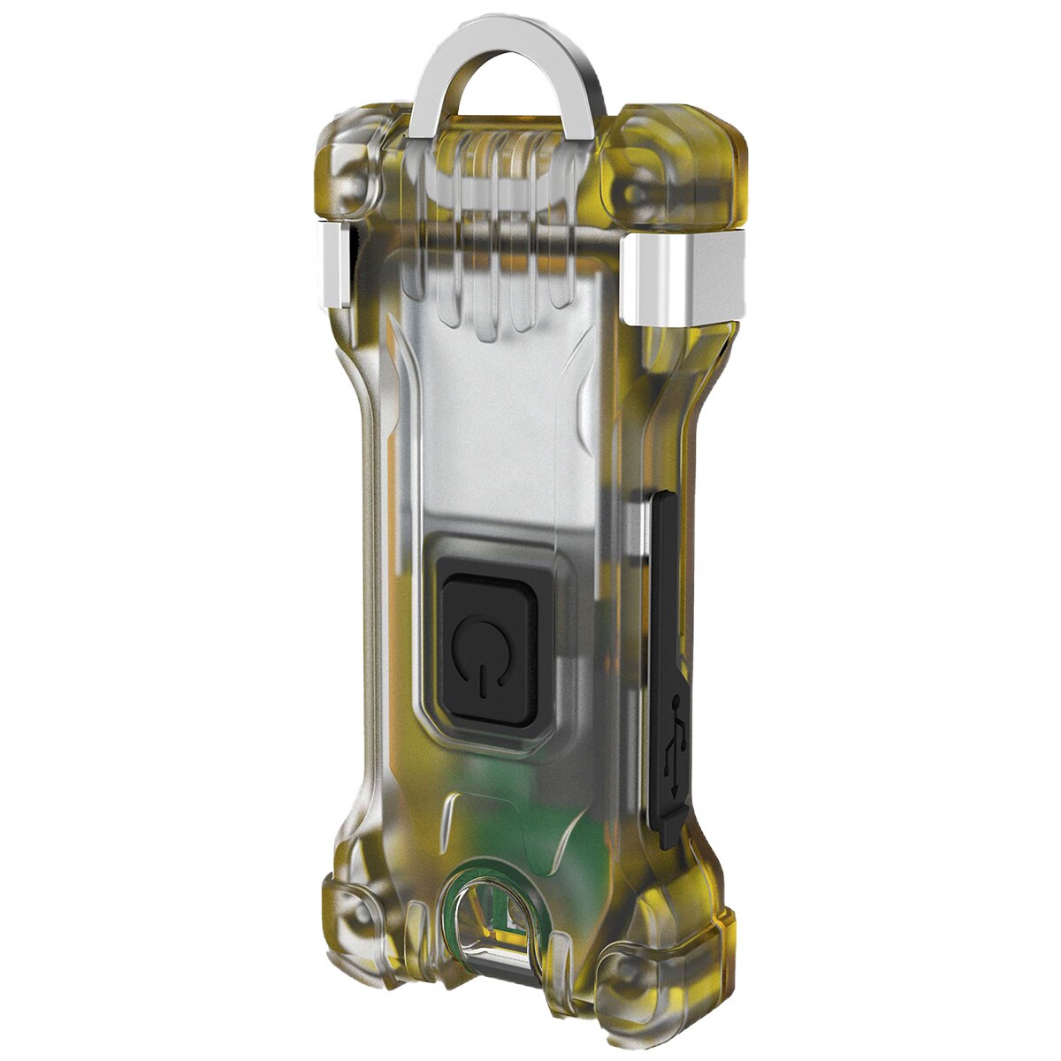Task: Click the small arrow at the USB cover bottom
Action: tap(676, 778)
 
